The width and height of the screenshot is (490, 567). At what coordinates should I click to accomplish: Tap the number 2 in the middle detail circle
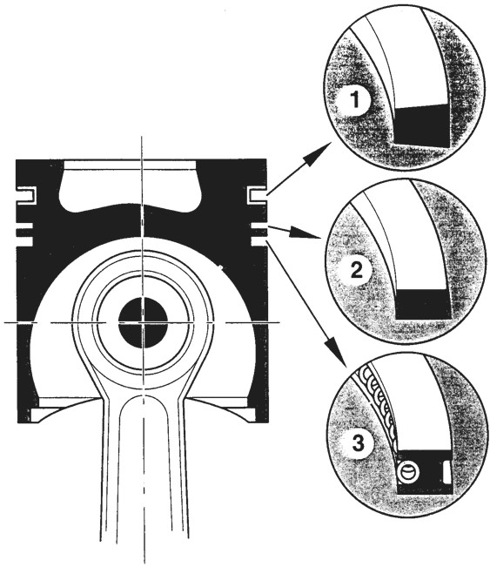(x=357, y=270)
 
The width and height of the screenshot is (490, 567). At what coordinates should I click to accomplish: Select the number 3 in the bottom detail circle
(x=358, y=442)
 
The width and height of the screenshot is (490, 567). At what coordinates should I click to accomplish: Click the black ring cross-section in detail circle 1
(x=422, y=125)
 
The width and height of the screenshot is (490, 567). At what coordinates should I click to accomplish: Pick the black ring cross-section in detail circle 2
(x=424, y=304)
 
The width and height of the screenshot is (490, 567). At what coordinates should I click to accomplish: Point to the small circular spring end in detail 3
(x=407, y=471)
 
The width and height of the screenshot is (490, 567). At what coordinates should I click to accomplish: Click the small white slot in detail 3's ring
(x=446, y=472)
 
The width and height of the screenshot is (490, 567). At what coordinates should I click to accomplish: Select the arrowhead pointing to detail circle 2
(x=309, y=233)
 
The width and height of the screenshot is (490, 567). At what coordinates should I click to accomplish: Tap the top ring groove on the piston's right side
(x=258, y=194)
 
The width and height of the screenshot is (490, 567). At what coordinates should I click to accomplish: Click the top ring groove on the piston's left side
(x=26, y=194)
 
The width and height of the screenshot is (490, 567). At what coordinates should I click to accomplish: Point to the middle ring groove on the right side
(x=258, y=226)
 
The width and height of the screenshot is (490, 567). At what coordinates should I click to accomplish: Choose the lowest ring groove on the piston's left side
(x=24, y=241)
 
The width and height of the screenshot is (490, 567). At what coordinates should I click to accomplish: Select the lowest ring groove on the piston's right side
(x=258, y=241)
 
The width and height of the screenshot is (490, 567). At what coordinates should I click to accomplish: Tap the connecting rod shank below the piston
(x=144, y=470)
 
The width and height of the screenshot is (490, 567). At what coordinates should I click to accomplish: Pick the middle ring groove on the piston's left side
(x=24, y=226)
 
